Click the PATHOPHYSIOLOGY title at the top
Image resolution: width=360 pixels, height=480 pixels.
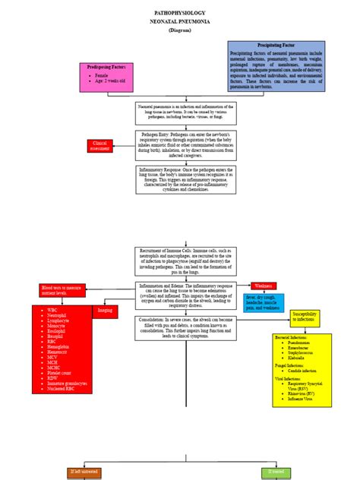click(180, 14)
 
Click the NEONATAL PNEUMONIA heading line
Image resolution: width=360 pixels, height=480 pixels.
click(180, 23)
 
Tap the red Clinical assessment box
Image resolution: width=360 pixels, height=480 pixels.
click(102, 145)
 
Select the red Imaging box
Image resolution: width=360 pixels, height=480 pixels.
click(106, 311)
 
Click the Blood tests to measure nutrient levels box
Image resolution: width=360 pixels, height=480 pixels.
click(60, 291)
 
